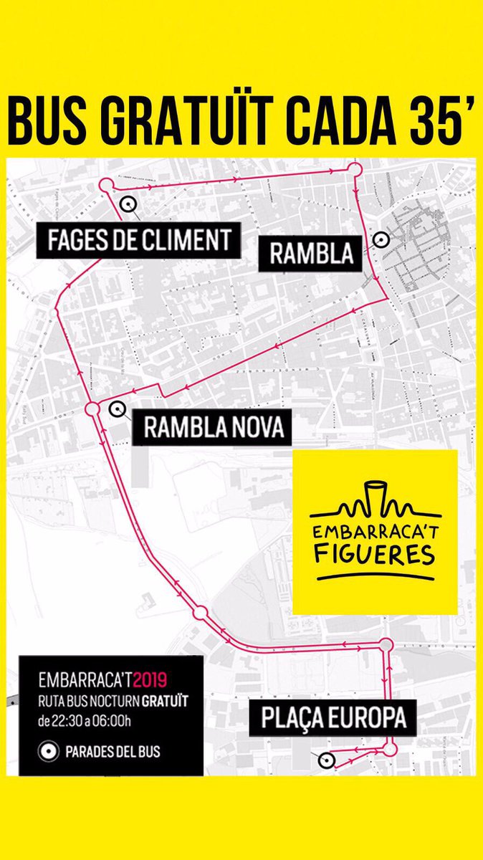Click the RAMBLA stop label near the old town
[x=311, y=253]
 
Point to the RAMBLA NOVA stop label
[x=214, y=428]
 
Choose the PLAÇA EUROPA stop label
[x=328, y=717]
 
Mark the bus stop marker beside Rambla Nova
[x=115, y=408]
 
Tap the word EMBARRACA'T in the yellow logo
[x=374, y=532]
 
